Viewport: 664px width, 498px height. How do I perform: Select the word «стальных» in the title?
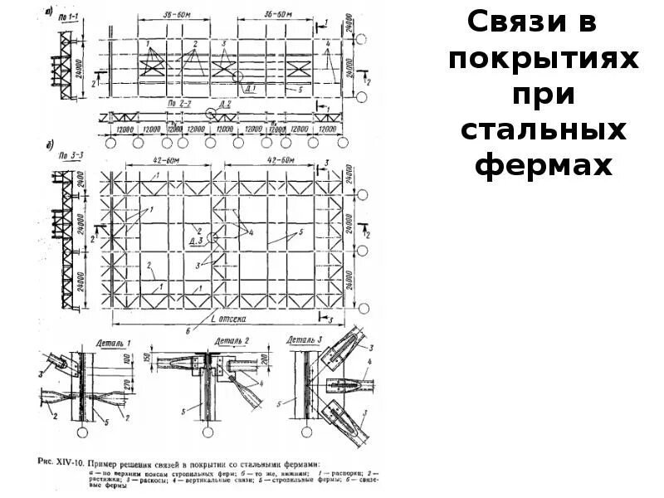[543, 131]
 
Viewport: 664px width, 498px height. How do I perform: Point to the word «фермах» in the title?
[543, 167]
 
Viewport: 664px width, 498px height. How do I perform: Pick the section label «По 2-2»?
[180, 105]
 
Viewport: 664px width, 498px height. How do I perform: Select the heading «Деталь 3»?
[307, 340]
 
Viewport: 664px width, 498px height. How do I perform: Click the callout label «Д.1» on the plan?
[251, 86]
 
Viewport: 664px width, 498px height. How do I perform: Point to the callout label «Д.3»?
[197, 242]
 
